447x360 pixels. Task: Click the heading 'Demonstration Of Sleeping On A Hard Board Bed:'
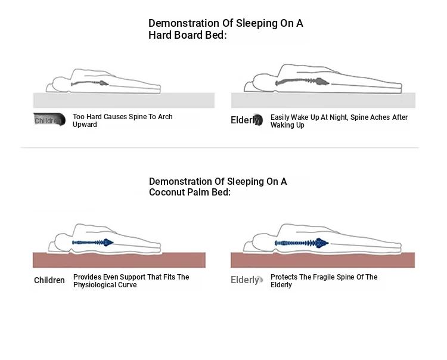point(226,29)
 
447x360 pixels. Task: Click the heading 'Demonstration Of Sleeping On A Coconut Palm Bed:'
point(218,187)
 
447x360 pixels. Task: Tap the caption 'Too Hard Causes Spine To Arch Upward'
point(122,120)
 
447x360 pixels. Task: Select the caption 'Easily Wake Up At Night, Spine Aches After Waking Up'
point(339,121)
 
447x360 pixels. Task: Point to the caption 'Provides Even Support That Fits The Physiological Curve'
point(131,281)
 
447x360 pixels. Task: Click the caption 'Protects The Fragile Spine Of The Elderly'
point(324,281)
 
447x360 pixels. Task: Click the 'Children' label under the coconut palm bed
point(49,280)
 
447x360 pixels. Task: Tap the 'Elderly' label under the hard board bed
point(245,120)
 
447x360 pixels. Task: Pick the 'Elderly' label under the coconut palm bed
point(245,280)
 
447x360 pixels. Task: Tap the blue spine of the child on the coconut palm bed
point(93,243)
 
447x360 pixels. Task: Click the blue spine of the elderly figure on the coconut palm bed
point(302,243)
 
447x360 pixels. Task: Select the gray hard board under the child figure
point(123,100)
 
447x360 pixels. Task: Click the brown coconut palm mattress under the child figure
point(119,260)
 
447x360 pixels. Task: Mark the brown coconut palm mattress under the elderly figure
point(322,260)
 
